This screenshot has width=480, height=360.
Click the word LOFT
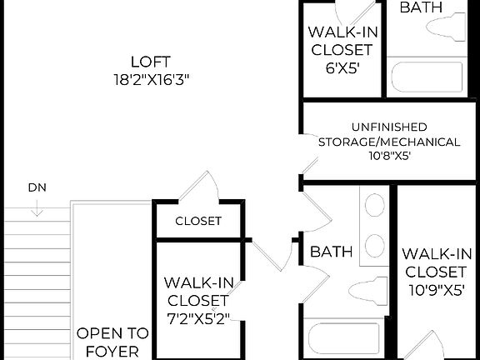tap(151, 62)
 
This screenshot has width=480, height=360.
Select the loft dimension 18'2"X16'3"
tap(151, 80)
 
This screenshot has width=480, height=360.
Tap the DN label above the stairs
tap(36, 187)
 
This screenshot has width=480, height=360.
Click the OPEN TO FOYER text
tap(112, 342)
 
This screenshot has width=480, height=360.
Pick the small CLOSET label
tap(198, 221)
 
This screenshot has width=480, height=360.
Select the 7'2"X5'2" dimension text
tap(197, 317)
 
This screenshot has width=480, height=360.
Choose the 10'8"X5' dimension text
tap(387, 156)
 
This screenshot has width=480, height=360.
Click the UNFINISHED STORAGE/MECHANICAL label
tap(388, 134)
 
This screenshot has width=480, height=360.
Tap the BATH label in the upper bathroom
tap(421, 7)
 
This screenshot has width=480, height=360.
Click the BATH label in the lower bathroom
tap(331, 251)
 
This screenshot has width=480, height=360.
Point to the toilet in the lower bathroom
tap(367, 291)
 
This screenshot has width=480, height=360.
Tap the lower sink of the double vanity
tap(375, 244)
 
